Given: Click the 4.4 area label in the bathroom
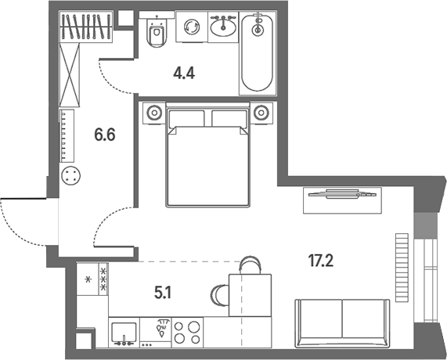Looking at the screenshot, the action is [x=184, y=74].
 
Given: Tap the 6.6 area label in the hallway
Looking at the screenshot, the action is [x=105, y=135].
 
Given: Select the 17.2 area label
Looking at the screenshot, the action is [x=321, y=261].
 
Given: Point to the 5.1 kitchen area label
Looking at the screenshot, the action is [x=163, y=293].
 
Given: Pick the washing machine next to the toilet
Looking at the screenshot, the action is [x=192, y=27].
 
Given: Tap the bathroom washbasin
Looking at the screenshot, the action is [x=223, y=27].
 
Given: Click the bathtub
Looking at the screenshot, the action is [x=258, y=52].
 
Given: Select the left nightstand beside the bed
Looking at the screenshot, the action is [x=154, y=113].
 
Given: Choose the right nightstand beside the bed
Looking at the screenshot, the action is [x=261, y=113].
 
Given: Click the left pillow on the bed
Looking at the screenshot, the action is [x=186, y=118].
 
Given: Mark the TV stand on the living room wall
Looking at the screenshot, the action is [x=342, y=200].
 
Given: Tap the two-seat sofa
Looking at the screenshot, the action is [x=342, y=323].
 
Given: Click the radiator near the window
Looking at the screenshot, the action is [x=402, y=268].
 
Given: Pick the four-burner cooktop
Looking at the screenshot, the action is [x=187, y=332].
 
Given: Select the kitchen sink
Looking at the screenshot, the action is [x=124, y=333].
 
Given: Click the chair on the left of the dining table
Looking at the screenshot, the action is [x=220, y=295].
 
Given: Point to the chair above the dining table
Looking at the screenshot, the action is [x=250, y=265].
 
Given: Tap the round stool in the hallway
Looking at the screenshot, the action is [x=71, y=176].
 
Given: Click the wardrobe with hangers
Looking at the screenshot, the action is [x=86, y=27].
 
